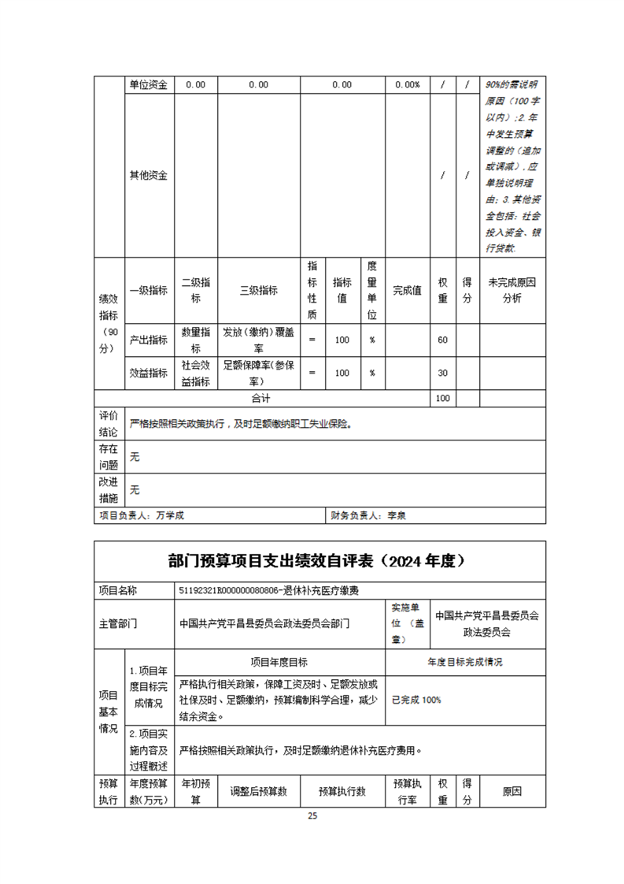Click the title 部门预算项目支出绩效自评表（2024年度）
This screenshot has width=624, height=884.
click(x=318, y=561)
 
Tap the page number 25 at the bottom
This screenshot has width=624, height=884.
click(x=312, y=815)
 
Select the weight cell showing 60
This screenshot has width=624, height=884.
click(x=442, y=340)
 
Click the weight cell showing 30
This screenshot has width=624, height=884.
click(x=442, y=373)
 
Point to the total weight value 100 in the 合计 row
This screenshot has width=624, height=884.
click(x=442, y=398)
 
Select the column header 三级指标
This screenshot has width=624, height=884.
click(x=258, y=290)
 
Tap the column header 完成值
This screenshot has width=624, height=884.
click(x=408, y=290)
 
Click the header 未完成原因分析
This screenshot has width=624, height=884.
click(x=511, y=290)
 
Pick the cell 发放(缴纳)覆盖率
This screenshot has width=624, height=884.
click(x=258, y=340)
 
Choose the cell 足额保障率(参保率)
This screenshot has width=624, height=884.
click(x=258, y=373)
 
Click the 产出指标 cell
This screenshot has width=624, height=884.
click(x=148, y=340)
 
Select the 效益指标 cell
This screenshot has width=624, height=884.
click(x=148, y=373)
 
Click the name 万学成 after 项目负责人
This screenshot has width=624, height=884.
click(x=172, y=516)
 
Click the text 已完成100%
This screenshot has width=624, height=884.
click(x=416, y=700)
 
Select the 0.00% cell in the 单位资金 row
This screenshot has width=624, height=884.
click(x=407, y=85)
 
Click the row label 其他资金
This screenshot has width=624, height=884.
click(x=148, y=175)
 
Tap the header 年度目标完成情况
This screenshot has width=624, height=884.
click(x=464, y=662)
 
